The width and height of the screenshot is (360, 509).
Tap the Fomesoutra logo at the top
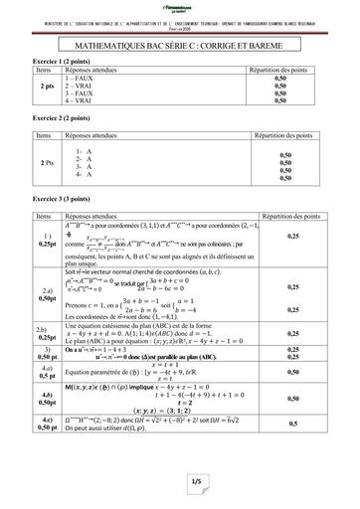tap(179, 9)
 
